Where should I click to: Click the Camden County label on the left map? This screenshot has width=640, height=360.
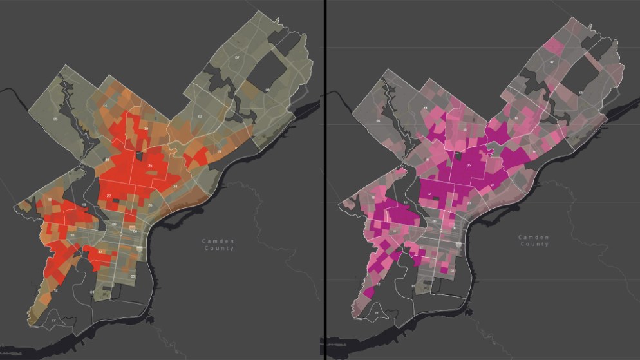219,245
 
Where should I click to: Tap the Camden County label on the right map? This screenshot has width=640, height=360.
534,241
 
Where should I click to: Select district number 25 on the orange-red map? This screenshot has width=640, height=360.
150,166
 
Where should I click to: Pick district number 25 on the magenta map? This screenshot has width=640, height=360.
469,166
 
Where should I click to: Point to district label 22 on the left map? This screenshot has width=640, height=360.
109,195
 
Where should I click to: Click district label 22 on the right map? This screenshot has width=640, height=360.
429,193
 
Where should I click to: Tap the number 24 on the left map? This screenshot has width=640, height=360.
175,187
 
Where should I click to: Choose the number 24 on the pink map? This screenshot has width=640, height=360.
493,185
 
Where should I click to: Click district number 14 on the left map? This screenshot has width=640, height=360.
104,105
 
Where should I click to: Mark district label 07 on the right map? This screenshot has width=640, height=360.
552,62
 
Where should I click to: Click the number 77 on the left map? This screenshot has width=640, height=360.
53,320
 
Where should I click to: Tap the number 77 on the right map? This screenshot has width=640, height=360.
373,314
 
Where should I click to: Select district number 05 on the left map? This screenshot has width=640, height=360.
55,119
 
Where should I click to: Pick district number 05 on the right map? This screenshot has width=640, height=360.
380,120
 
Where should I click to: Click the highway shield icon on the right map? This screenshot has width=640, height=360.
457,245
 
